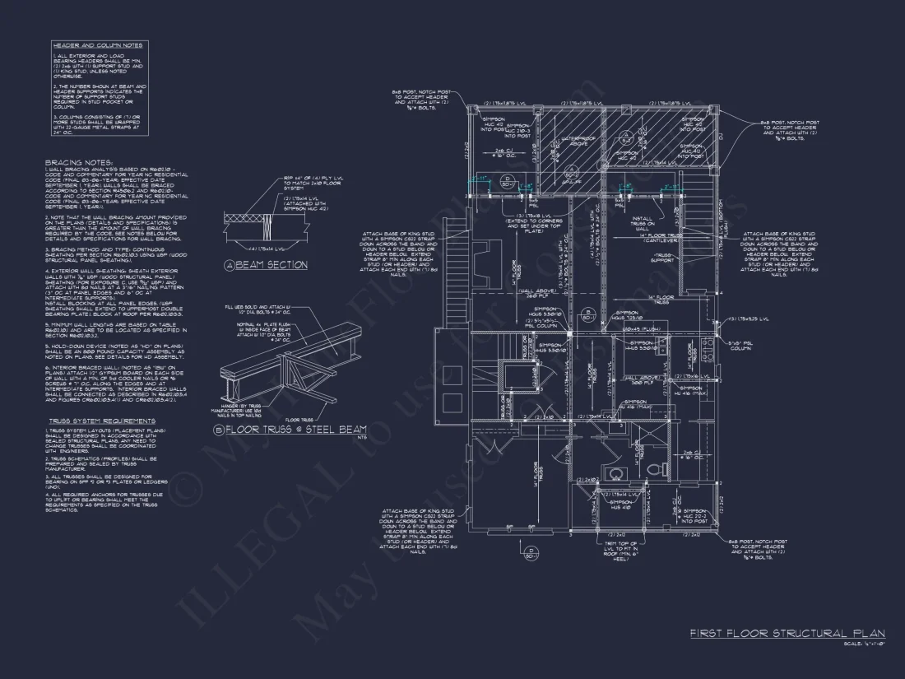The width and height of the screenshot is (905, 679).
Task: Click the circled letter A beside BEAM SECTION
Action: click(229, 265)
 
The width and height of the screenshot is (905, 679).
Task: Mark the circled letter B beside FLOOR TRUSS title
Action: click(218, 429)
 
